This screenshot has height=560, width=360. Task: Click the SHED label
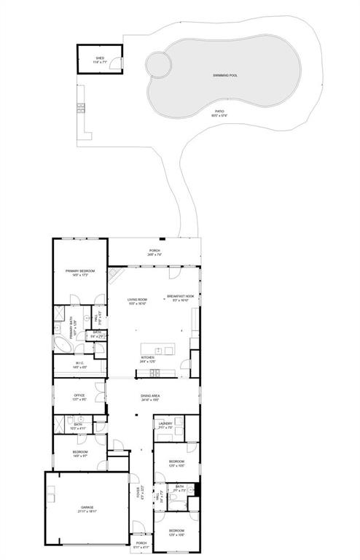[100, 57]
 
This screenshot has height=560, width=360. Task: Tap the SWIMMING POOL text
[225, 75]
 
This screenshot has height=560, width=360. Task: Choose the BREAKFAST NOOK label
[180, 296]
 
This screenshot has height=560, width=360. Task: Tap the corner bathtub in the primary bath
[60, 343]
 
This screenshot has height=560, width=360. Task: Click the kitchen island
[158, 351]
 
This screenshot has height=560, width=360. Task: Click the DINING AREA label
[152, 398]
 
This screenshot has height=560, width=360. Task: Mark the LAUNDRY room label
[165, 424]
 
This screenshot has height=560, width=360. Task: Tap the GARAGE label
[87, 507]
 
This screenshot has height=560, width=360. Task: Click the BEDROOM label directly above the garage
[80, 453]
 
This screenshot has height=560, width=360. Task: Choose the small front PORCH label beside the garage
[141, 545]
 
